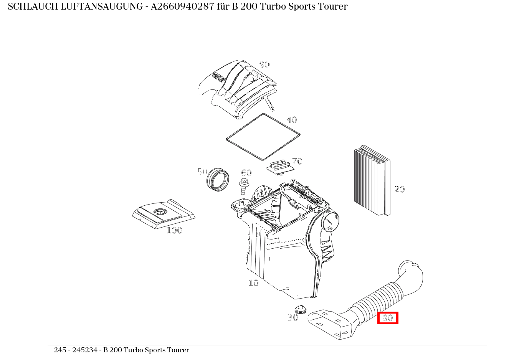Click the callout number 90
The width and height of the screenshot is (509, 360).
[264, 64]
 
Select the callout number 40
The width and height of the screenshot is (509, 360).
[291, 120]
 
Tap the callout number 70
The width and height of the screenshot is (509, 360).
[297, 161]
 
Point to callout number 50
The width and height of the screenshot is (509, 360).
[202, 172]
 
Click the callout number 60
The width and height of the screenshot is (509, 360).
[246, 173]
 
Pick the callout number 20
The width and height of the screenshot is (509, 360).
[400, 189]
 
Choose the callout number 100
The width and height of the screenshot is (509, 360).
[175, 230]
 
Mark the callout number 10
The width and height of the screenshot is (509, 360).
[254, 283]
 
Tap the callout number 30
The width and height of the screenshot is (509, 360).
[293, 317]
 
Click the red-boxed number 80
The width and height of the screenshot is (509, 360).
[388, 318]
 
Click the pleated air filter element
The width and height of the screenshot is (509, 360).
[372, 180]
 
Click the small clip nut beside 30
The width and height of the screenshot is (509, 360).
[301, 309]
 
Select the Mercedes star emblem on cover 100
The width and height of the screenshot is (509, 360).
[160, 212]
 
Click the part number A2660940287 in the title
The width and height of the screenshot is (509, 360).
[182, 7]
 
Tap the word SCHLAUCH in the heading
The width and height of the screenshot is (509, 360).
[33, 7]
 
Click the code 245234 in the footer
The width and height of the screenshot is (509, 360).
[85, 350]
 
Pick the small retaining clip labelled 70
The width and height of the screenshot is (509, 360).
[280, 167]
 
